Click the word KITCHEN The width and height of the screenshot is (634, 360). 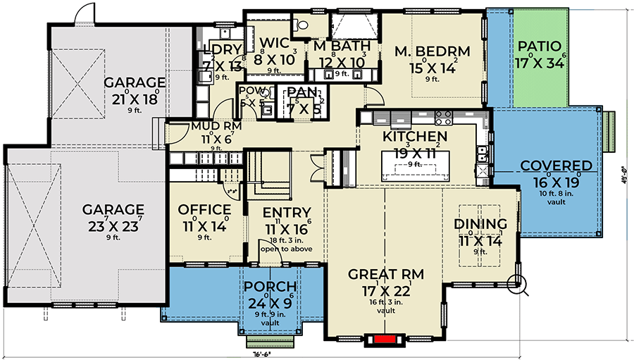pyautogui.click(x=415, y=136)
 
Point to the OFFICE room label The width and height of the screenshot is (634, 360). pyautogui.click(x=204, y=210)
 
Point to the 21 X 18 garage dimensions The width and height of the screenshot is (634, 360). pyautogui.click(x=134, y=98)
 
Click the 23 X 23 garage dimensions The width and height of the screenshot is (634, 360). pyautogui.click(x=113, y=226)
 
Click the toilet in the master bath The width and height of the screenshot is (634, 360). pyautogui.click(x=304, y=24)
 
